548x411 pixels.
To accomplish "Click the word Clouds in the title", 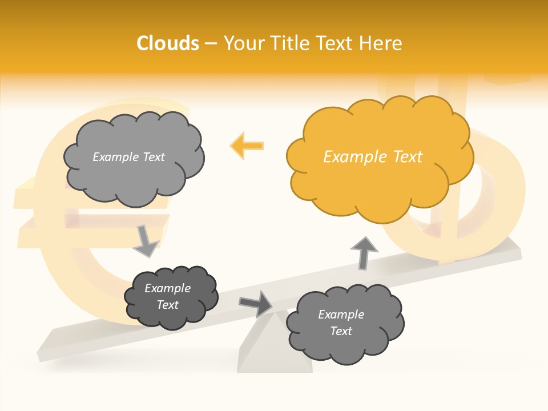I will coord(168,43).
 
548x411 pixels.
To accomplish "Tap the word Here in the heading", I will coord(382,43).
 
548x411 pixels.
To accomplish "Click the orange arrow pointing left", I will coord(247,146).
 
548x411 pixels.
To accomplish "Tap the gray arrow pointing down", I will coord(145,241).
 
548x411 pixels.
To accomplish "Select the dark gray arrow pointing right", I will coord(256,303).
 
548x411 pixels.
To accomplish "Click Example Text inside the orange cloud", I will coord(373,157).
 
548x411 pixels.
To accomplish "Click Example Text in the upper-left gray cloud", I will coord(128,157).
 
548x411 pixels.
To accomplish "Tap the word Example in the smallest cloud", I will coord(167,288).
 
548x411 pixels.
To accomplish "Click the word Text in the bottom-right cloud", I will coord(341,331).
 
